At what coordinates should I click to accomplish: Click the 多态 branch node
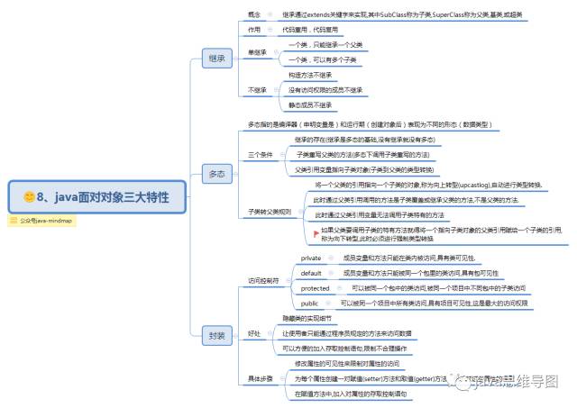(x=217, y=173)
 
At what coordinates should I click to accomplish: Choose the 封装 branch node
(x=217, y=334)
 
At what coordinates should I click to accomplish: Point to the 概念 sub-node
(x=255, y=15)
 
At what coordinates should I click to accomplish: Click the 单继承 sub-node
(x=258, y=51)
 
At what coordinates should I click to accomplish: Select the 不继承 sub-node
(x=258, y=90)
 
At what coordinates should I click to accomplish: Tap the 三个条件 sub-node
(x=261, y=154)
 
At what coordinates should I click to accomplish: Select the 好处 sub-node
(x=254, y=333)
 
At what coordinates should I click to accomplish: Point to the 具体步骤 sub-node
(x=261, y=378)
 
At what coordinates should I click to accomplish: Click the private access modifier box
(x=311, y=258)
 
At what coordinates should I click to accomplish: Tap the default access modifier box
(x=311, y=272)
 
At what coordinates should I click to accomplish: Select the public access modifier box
(x=309, y=304)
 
